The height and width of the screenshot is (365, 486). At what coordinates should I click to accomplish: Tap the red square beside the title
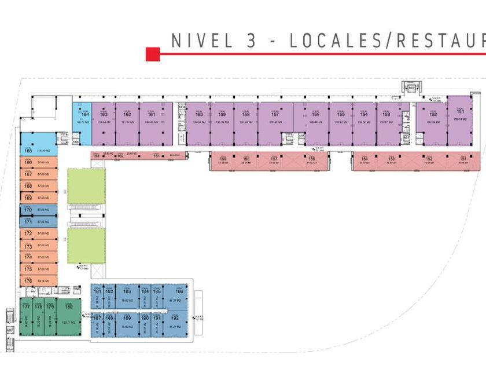152,54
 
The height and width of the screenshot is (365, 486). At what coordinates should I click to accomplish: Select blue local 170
38,209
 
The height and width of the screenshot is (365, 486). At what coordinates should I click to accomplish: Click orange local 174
38,257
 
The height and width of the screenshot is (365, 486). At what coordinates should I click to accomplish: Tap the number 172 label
28,233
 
